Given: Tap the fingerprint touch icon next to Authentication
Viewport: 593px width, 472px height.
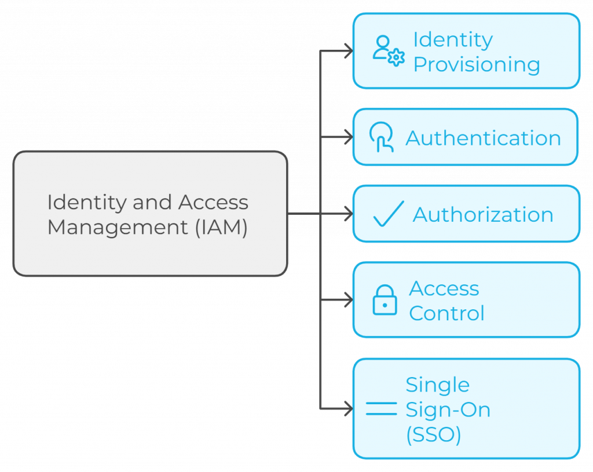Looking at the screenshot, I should (x=382, y=138).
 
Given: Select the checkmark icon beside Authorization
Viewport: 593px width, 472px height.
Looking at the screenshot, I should (x=388, y=214).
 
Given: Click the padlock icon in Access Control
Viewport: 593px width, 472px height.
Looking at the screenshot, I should (x=385, y=300).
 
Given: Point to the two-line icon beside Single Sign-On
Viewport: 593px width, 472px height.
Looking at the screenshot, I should (x=381, y=409).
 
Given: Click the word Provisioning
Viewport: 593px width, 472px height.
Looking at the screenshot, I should (x=477, y=64).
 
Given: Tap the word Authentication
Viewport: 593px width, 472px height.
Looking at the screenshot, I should (x=483, y=138).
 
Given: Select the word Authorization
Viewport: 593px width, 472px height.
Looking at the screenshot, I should (x=483, y=214).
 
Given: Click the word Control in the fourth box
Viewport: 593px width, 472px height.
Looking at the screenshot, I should (x=446, y=313).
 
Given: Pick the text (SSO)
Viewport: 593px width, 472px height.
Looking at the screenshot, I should (x=433, y=434).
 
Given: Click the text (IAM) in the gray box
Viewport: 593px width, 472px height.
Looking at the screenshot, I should (x=221, y=226).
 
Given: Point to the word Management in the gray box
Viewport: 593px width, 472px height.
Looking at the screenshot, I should (x=118, y=226).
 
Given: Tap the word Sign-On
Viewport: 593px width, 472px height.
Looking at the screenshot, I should (x=448, y=409).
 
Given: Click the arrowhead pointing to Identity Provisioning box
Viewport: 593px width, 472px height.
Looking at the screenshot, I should (x=349, y=50).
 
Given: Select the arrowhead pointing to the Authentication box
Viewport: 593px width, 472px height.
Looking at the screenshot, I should (x=349, y=137).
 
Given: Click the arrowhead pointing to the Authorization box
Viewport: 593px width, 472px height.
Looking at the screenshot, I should (x=349, y=214).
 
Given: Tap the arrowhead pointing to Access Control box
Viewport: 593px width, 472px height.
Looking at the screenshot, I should (x=349, y=300).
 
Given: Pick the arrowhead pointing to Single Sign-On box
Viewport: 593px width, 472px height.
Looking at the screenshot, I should (x=349, y=409).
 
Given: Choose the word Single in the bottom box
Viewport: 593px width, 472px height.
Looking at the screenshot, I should (x=437, y=385).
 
